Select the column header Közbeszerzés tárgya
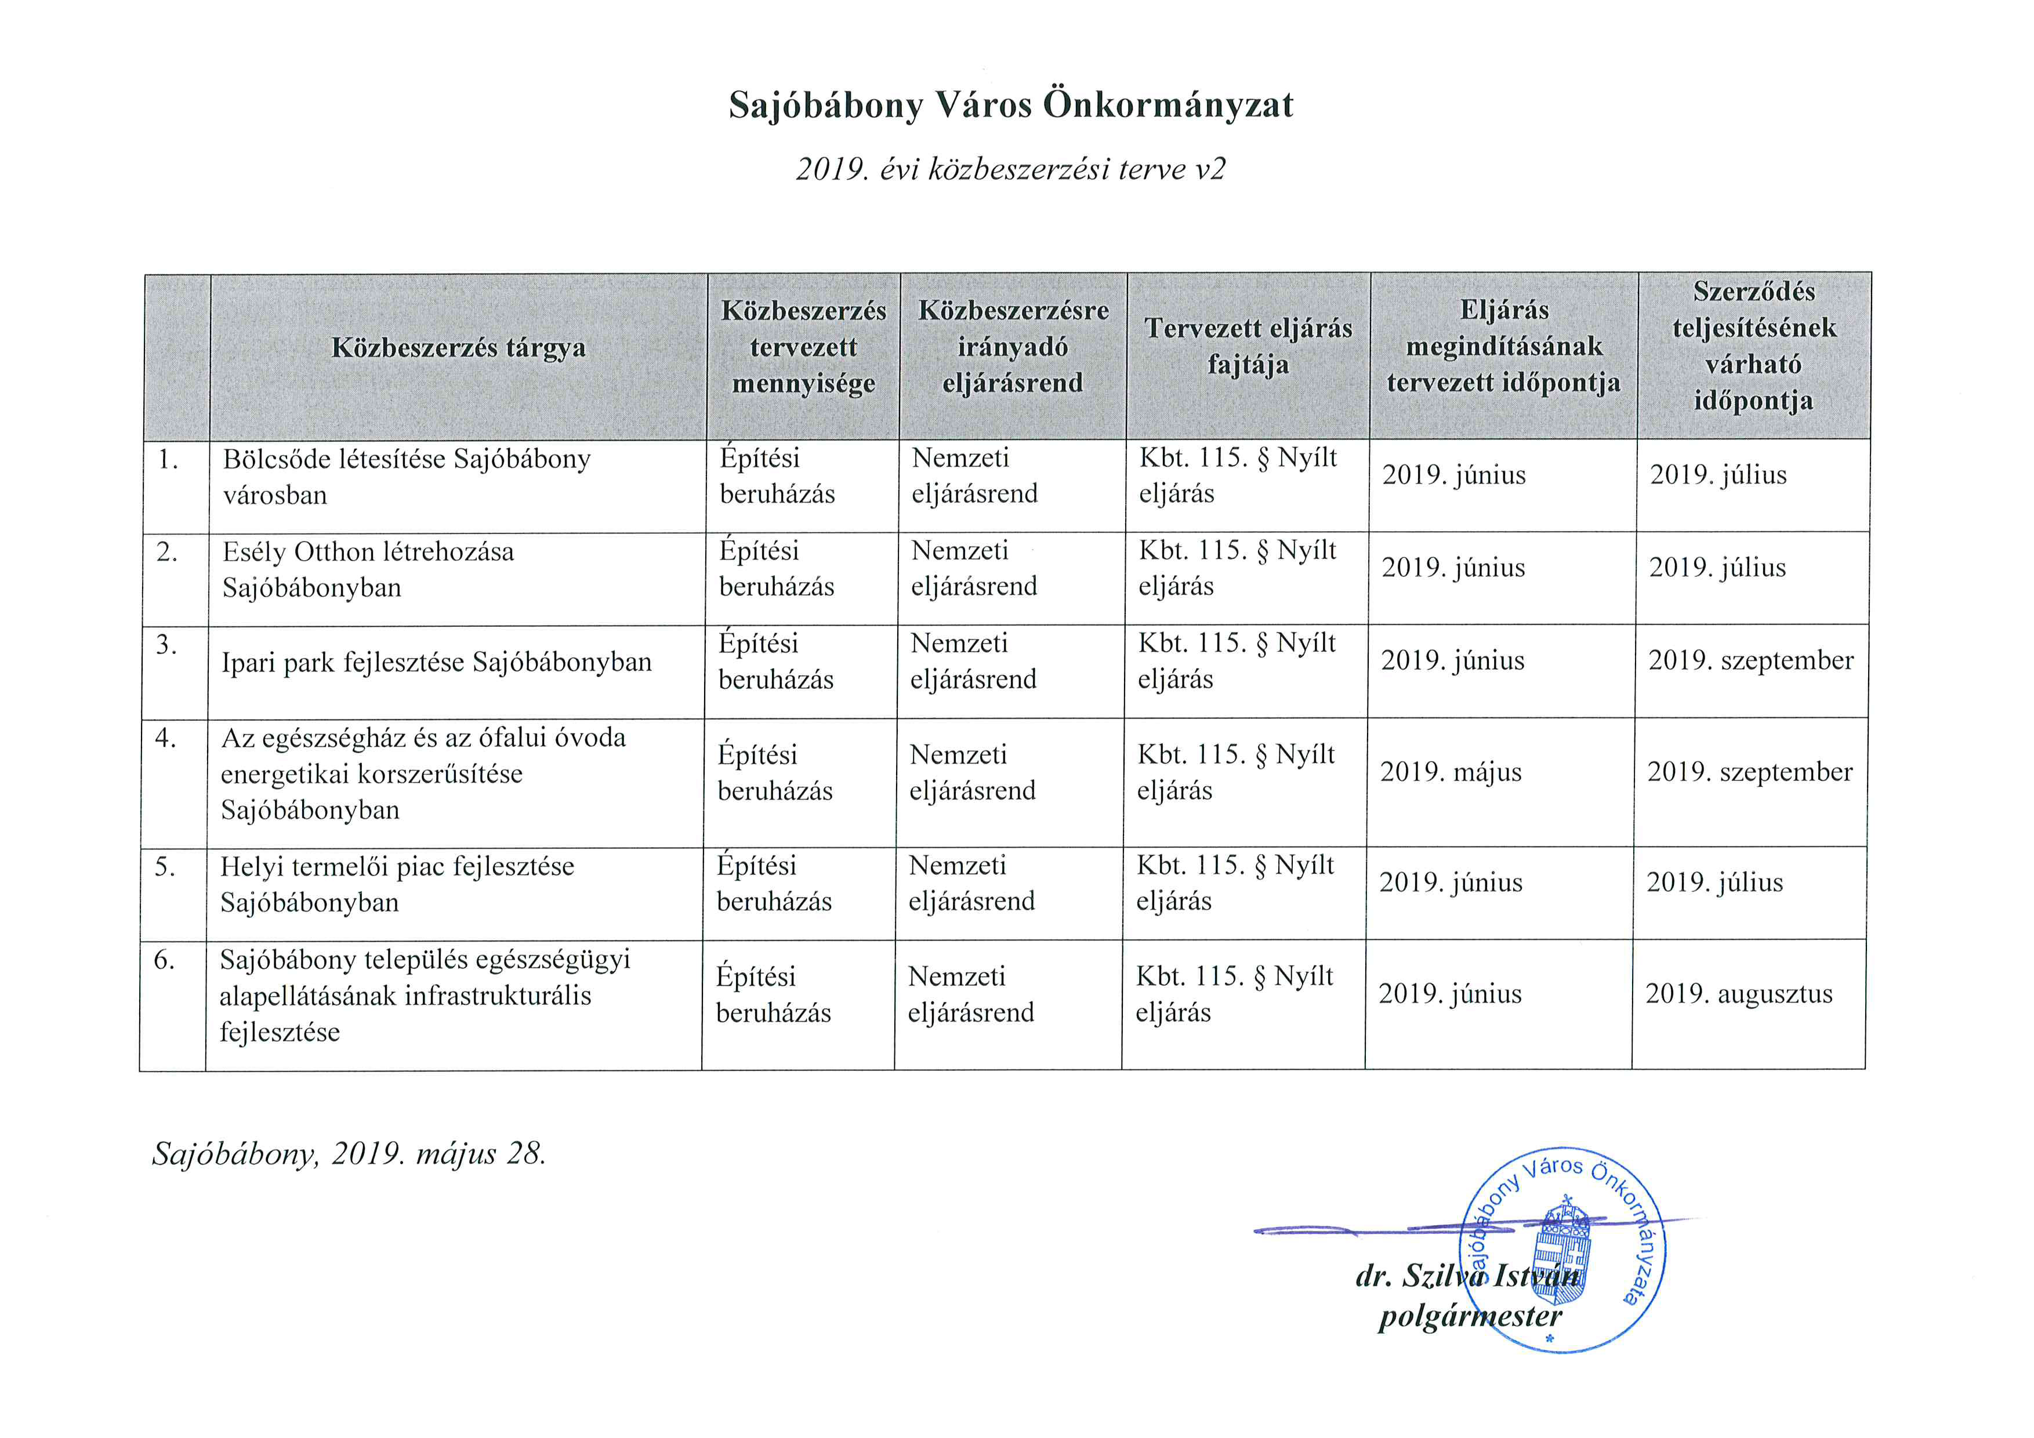coord(458,347)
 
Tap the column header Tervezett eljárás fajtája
coord(1248,346)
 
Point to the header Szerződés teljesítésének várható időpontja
coord(1753,346)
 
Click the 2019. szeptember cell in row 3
coord(1750,660)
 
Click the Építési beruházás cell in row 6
coord(773,994)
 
